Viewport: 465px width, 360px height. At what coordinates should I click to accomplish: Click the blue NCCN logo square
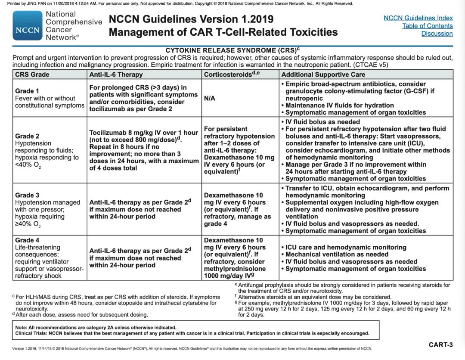(28, 25)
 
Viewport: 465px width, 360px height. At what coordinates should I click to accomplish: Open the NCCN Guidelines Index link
(418, 18)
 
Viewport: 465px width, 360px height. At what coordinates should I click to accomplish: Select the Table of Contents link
(427, 26)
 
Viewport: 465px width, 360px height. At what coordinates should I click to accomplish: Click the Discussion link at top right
(437, 34)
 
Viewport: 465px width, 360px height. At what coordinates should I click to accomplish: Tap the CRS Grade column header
(32, 74)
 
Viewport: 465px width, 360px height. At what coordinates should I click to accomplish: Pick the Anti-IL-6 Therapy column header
(116, 74)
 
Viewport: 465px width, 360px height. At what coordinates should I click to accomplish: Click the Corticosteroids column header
(228, 74)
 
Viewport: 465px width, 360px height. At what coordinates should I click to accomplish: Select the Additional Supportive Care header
(323, 74)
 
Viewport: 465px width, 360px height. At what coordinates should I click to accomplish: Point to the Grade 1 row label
(27, 91)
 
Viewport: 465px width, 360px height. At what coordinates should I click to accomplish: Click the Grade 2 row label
(27, 136)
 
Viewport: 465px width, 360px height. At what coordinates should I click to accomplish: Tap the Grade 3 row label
(27, 195)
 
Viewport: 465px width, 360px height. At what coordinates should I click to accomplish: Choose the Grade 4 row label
(27, 240)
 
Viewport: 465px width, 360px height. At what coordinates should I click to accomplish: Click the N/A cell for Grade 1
(210, 98)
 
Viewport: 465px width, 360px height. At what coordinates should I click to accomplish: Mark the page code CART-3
(440, 345)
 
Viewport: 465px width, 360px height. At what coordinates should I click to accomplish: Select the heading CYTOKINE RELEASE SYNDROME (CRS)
(231, 50)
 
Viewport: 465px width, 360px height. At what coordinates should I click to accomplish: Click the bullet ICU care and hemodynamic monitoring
(346, 247)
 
